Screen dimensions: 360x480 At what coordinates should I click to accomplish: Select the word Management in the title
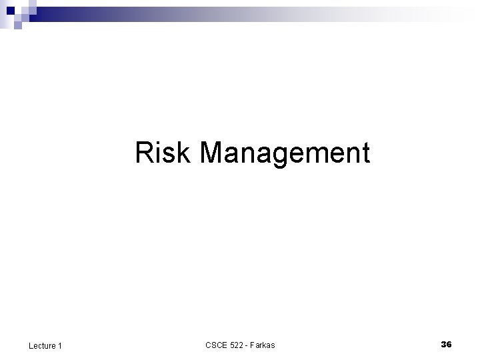coord(284,153)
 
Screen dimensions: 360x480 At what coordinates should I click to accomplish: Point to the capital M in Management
coord(213,153)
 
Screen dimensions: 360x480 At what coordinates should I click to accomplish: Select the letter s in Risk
coord(170,155)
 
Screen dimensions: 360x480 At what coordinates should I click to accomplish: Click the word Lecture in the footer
coord(42,345)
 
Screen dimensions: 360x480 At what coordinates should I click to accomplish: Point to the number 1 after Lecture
coord(60,345)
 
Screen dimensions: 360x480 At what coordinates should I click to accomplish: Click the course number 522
coord(237,345)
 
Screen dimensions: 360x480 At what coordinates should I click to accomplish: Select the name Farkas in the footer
coord(263,345)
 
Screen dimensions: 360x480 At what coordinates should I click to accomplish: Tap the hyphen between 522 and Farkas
coord(247,345)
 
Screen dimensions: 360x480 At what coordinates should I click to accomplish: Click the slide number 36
coord(446,344)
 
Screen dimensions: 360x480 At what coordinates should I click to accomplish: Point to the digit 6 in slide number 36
coord(449,344)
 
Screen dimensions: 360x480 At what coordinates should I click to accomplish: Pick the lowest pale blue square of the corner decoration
coord(18,27)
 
